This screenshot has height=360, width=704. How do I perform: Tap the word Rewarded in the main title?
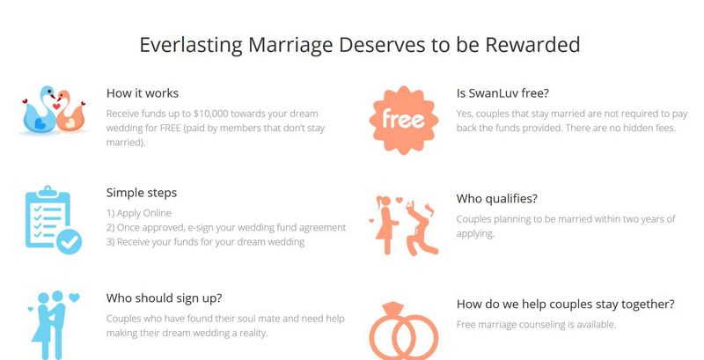(x=533, y=44)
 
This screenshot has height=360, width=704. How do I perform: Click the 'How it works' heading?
(x=143, y=93)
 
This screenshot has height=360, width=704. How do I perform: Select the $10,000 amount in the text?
(x=210, y=114)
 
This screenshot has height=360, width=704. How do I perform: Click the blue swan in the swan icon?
(x=40, y=111)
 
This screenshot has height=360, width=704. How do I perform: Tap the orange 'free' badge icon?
(x=404, y=120)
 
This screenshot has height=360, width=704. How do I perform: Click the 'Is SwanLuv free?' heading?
(x=502, y=93)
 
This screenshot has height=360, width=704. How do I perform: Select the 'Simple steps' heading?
(x=142, y=193)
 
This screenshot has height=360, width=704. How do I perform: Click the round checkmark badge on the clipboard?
(x=70, y=241)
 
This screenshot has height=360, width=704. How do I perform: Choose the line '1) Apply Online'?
(x=139, y=213)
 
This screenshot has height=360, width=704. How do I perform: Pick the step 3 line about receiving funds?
(x=206, y=242)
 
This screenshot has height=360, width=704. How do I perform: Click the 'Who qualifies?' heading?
(x=496, y=199)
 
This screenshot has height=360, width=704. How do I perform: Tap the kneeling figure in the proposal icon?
(x=422, y=229)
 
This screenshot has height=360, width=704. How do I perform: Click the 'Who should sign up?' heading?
(x=164, y=298)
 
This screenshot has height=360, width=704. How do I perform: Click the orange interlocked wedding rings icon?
(x=404, y=332)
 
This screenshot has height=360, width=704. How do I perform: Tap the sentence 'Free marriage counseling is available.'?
(x=536, y=325)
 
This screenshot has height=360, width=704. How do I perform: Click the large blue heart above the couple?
(x=75, y=298)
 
